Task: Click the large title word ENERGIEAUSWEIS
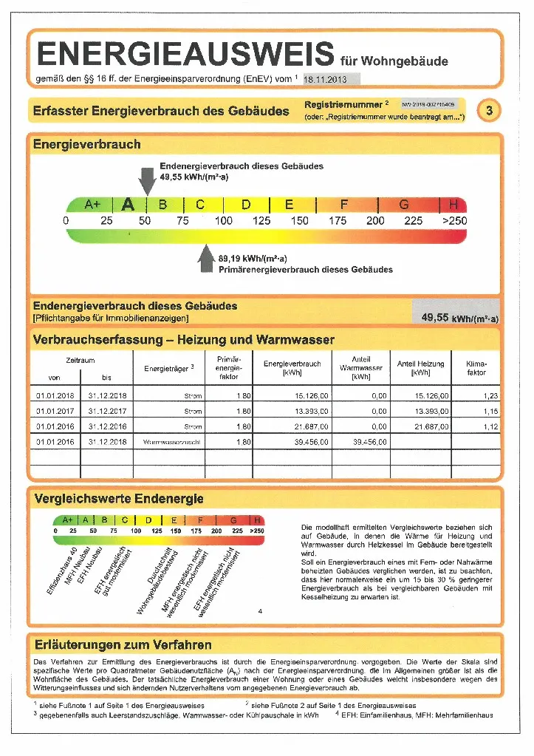click(x=185, y=54)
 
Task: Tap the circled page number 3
click(x=489, y=111)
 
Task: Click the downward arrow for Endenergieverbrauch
click(x=147, y=180)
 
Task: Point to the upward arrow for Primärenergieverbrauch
click(x=207, y=260)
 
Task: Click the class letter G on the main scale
click(x=404, y=205)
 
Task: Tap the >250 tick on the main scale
click(x=454, y=221)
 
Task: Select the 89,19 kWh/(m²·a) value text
click(x=253, y=259)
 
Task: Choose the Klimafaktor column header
click(x=476, y=368)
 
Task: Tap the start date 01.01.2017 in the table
click(x=55, y=411)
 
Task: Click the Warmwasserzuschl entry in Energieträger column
click(x=174, y=442)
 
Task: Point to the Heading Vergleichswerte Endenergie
click(x=118, y=499)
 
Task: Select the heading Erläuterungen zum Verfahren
click(x=123, y=644)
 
